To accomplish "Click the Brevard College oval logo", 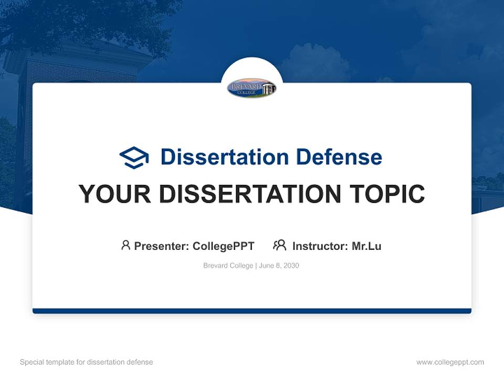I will point(251,88).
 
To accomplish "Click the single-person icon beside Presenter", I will point(125,245).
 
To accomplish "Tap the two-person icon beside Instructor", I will point(279,245).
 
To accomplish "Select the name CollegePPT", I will point(224,246).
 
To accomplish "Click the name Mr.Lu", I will point(366,246).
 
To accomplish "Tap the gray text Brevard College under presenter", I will point(228,266).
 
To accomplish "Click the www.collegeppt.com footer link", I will point(450,362).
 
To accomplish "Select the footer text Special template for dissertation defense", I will point(87,362).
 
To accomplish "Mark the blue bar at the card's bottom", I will point(252,311).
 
